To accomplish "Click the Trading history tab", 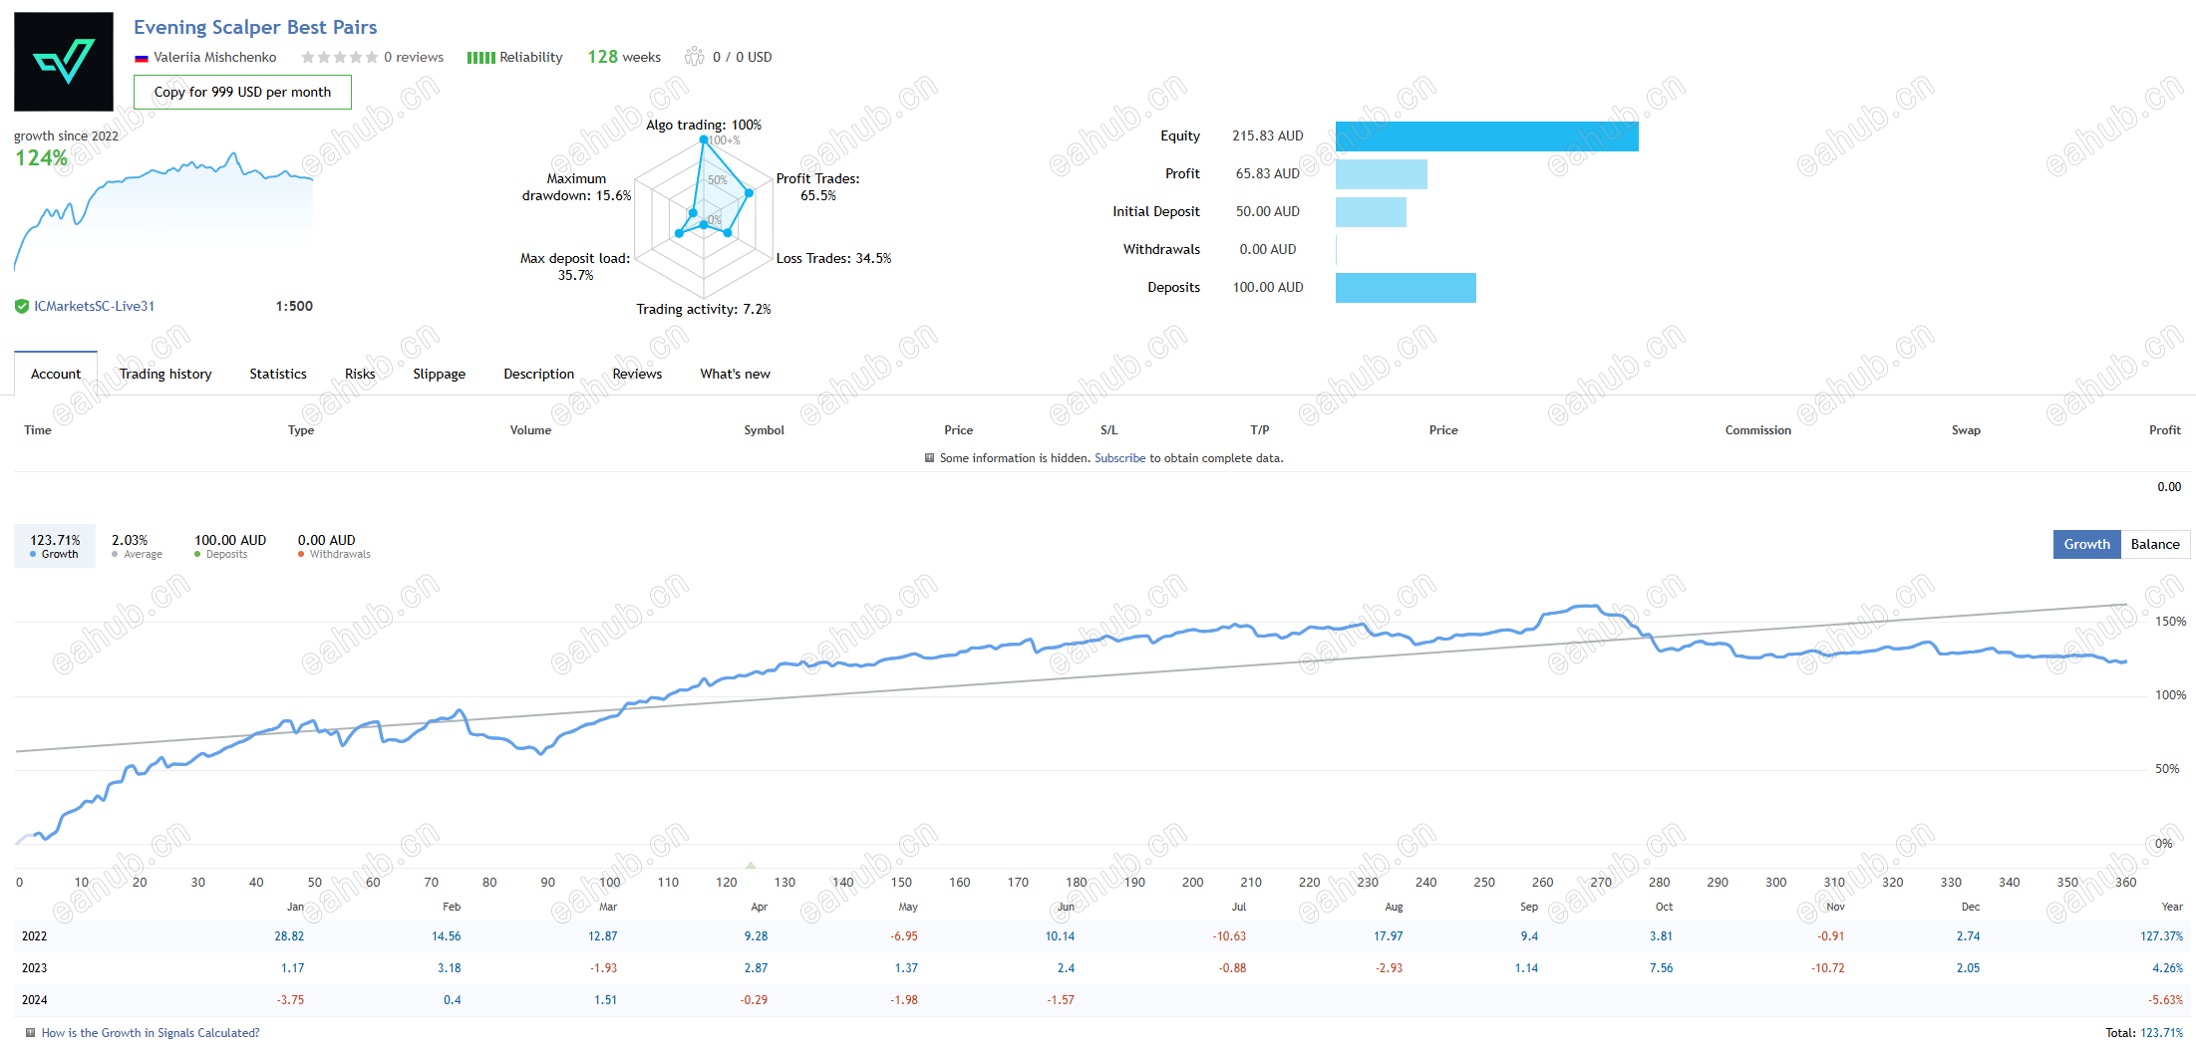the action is coord(165,374).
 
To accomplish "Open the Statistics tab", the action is coord(278,374).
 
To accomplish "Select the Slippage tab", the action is coord(440,374).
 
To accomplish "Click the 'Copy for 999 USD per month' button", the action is coord(242,92).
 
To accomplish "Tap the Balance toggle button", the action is coord(2155,544).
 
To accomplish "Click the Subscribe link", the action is coord(1120,458).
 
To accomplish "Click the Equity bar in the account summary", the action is coord(1487,136).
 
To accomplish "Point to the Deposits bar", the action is coord(1406,288).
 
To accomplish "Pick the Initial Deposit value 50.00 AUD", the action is coord(1268,211).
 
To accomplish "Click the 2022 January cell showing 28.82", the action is coord(289,936).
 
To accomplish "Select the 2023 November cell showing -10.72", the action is coord(1828,968).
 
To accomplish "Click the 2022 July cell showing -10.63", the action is coord(1229,936).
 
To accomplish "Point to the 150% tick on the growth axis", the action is coord(2170,622).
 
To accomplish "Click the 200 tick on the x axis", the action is coord(1192,883).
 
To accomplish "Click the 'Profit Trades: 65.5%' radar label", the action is coord(817,187).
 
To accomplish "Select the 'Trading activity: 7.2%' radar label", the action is coord(704,309).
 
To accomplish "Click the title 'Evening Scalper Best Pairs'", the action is coord(255,27).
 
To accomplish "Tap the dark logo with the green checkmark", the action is coord(64,62).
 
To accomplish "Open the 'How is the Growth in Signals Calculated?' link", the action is coord(151,1033).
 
